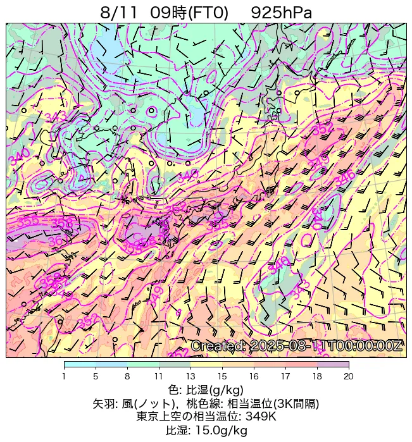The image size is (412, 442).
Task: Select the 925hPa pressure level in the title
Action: (x=281, y=12)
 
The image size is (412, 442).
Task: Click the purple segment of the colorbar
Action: (x=333, y=365)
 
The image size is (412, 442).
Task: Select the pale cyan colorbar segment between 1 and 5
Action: (x=80, y=365)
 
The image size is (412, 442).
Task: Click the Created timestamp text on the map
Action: (x=296, y=346)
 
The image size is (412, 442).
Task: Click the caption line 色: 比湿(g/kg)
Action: (x=206, y=390)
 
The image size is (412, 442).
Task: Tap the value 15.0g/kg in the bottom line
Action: (x=224, y=431)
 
